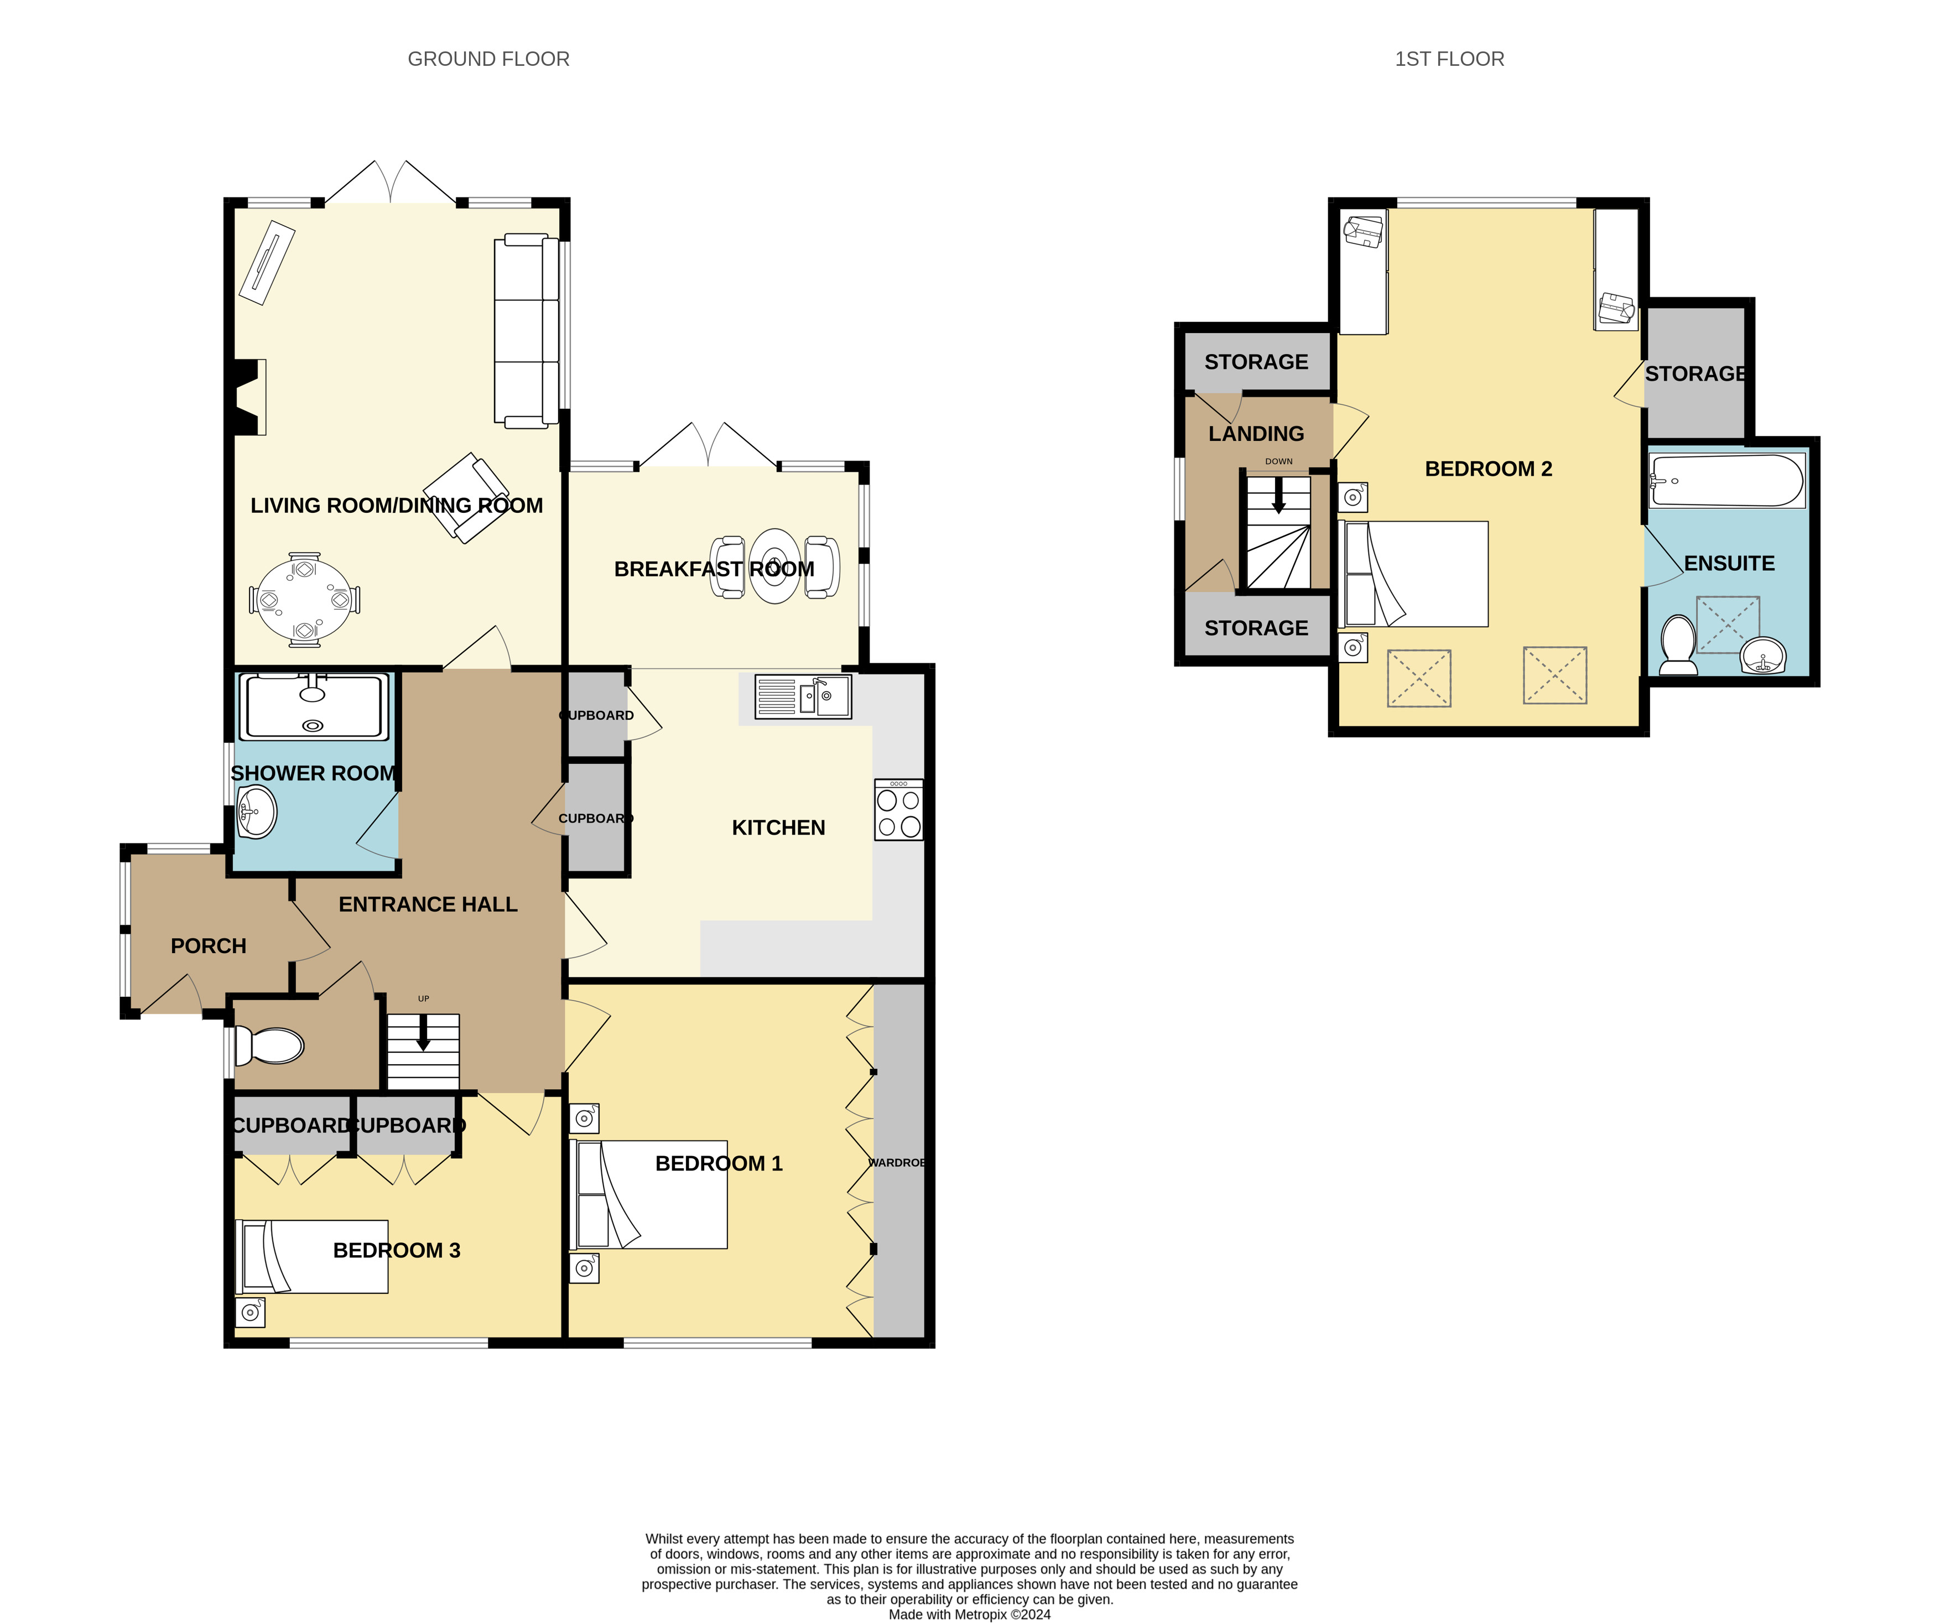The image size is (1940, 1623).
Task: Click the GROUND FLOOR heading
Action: [x=488, y=59]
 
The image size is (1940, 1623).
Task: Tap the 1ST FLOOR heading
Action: [x=1449, y=59]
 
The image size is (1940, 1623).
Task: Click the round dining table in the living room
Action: [x=305, y=600]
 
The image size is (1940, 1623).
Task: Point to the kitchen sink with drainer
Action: [x=803, y=696]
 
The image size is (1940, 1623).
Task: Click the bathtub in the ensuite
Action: [x=1726, y=480]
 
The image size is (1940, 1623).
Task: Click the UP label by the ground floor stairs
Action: [x=423, y=998]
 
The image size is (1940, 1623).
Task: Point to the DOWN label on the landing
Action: [x=1278, y=461]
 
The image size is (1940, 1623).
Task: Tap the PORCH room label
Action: [x=209, y=946]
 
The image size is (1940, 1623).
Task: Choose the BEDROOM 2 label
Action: [x=1488, y=469]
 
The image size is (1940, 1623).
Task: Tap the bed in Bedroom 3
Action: [x=312, y=1256]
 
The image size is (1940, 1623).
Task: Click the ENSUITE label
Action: [x=1729, y=564]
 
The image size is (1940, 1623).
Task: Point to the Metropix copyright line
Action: [x=969, y=1615]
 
